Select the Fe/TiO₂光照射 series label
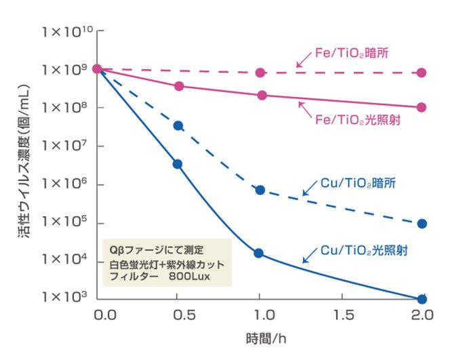[355, 120]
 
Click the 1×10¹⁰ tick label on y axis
[65, 31]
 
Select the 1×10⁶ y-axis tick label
[66, 184]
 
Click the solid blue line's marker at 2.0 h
[422, 299]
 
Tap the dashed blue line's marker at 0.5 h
[178, 125]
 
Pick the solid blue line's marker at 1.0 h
[259, 254]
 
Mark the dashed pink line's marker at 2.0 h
[422, 73]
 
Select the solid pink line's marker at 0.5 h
[179, 86]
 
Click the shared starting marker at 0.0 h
[98, 68]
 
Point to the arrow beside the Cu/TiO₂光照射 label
[310, 255]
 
